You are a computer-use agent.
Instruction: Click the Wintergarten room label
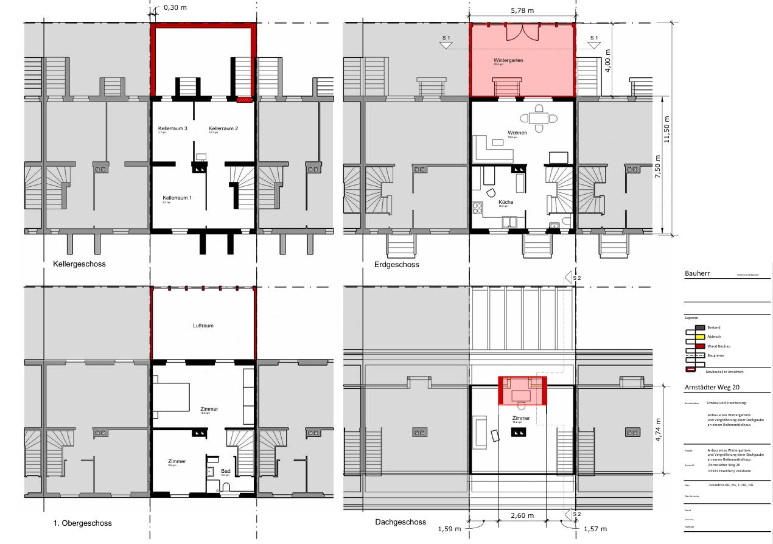coord(508,61)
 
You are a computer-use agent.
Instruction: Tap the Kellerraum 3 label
coord(172,129)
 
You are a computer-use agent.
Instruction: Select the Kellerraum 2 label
coord(223,129)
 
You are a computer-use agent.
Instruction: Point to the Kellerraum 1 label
coord(177,198)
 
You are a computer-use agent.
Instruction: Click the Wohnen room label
coord(517,133)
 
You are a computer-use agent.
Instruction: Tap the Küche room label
coord(506,202)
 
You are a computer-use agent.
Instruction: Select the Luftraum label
coord(203,326)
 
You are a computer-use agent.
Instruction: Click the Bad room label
coord(226,471)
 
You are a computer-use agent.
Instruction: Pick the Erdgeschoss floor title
coord(397,265)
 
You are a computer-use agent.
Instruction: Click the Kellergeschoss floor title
coord(79,264)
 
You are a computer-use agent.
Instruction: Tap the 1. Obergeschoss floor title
coord(82,523)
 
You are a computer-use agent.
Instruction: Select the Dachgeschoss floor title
coord(400,522)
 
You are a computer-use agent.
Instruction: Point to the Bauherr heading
coord(698,274)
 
